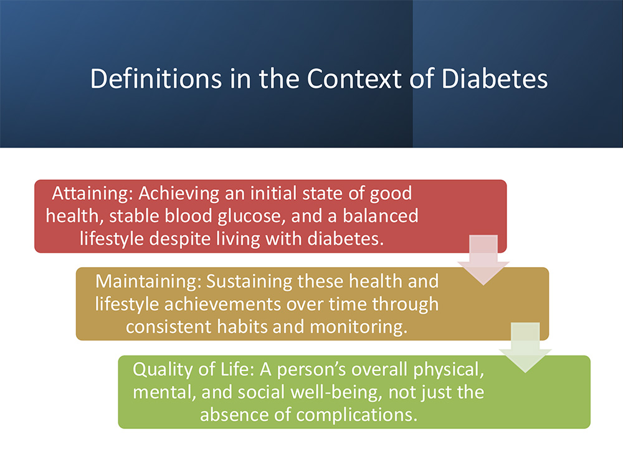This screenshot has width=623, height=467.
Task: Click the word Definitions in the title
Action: pyautogui.click(x=155, y=78)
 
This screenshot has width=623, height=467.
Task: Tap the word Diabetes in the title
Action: pyautogui.click(x=494, y=78)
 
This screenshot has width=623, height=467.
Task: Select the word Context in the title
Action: pyautogui.click(x=354, y=78)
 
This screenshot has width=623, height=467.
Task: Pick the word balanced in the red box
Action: pyautogui.click(x=380, y=216)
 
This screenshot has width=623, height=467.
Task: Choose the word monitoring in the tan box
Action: pyautogui.click(x=359, y=328)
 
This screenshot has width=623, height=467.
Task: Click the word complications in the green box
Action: pyautogui.click(x=357, y=415)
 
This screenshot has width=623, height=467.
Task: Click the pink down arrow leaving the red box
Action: pyautogui.click(x=483, y=260)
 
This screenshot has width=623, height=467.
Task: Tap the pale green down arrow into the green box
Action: pyautogui.click(x=525, y=347)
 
